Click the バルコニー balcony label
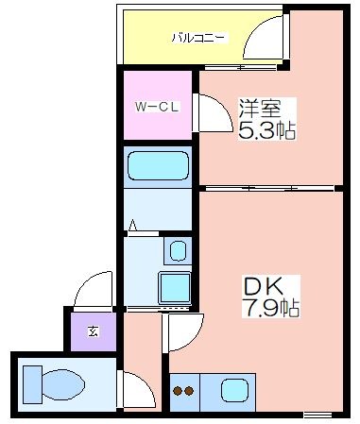[x=198, y=38]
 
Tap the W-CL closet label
[x=157, y=107]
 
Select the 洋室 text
[x=260, y=109]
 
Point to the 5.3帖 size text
[x=267, y=130]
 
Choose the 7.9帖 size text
[x=270, y=308]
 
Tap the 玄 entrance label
[x=93, y=331]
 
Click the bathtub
[x=158, y=166]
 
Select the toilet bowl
[x=63, y=384]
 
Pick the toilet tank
[x=33, y=384]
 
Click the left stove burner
[x=178, y=391]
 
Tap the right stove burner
[x=189, y=391]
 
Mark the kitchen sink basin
[x=234, y=391]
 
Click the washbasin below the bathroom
[x=178, y=251]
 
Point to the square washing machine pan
[x=175, y=288]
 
